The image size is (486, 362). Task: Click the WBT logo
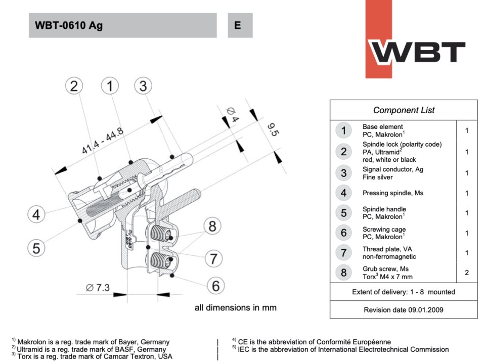[417, 51]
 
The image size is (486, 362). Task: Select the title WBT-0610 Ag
[69, 25]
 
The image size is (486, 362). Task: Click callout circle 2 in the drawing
[74, 86]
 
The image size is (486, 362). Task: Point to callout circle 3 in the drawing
[143, 86]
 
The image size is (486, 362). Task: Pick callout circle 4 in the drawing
[36, 215]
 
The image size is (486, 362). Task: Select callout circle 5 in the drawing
[36, 248]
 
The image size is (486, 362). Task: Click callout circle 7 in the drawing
[213, 259]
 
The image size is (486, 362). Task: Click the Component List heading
[404, 110]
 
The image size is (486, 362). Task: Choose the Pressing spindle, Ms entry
[392, 193]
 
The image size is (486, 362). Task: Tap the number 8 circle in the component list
[344, 273]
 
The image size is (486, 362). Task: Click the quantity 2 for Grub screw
[466, 273]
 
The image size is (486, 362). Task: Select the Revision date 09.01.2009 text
[404, 309]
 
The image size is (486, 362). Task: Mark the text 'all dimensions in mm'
[236, 307]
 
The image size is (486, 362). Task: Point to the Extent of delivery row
[404, 292]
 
